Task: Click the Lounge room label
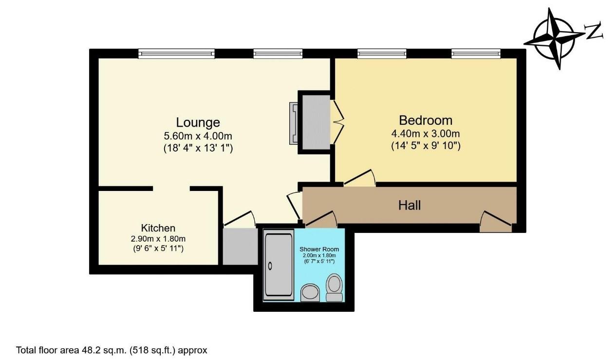click(198, 123)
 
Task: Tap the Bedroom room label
click(426, 120)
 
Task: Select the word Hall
click(410, 206)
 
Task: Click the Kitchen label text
click(158, 228)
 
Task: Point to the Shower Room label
click(319, 249)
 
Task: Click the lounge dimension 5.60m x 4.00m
click(198, 136)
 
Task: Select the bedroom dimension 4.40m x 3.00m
click(426, 133)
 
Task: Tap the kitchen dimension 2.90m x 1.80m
click(158, 238)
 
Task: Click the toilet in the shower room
click(334, 287)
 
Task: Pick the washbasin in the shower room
click(310, 293)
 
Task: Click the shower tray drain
click(270, 266)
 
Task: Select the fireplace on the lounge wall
click(294, 123)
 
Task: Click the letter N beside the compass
click(594, 32)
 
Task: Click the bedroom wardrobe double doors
click(337, 122)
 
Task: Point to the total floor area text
click(112, 350)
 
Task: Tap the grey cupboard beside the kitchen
click(240, 246)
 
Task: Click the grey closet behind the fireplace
click(316, 122)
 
